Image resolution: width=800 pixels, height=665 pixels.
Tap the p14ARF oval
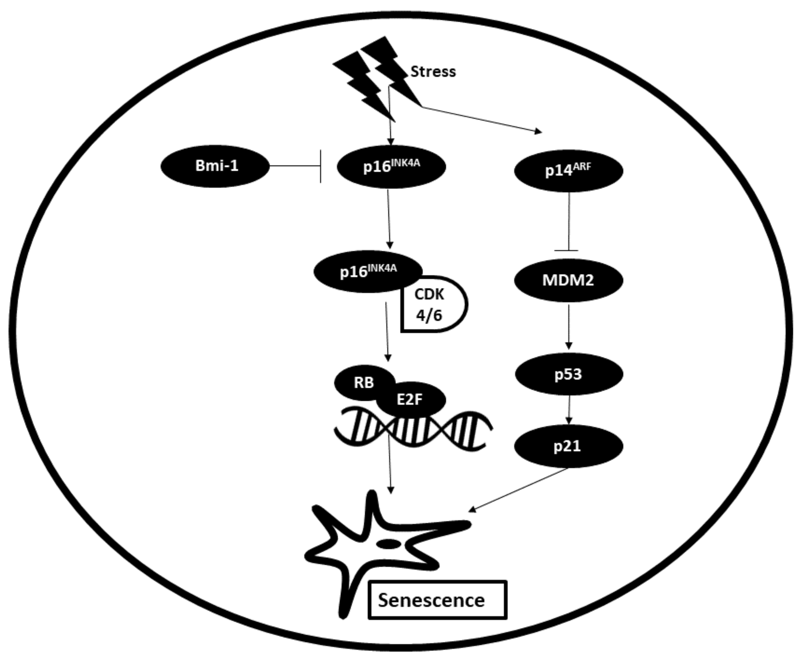pos(568,171)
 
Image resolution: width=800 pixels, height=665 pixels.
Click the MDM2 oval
pos(568,280)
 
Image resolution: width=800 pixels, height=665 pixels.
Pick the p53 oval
pos(569,374)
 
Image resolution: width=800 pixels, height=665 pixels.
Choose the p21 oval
pos(568,446)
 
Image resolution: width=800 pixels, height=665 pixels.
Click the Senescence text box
pos(437,600)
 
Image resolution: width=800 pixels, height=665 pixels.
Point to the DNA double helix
pos(413,430)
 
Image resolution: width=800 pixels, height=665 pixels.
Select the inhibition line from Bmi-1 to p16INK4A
pos(295,166)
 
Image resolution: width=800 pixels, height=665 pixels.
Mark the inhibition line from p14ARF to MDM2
pos(568,221)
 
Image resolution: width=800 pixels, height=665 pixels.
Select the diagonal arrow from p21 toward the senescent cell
pos(520,488)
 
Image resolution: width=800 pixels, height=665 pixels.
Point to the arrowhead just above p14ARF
pos(538,132)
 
